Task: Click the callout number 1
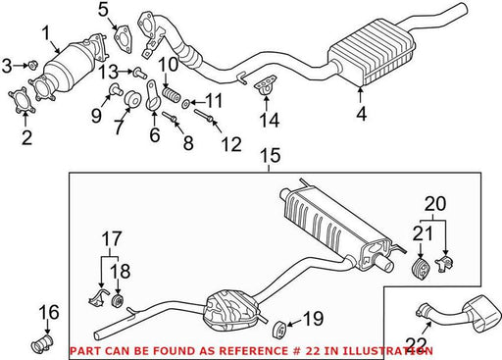point(46,34)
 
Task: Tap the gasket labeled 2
point(22,99)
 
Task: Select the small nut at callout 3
point(32,65)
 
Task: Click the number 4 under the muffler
point(361,114)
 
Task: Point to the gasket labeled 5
point(124,38)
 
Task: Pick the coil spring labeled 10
point(172,94)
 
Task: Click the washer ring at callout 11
point(186,104)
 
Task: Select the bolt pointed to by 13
point(139,74)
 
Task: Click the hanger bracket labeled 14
point(265,84)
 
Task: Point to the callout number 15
point(271,155)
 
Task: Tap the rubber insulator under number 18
point(118,301)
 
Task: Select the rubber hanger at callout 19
point(279,330)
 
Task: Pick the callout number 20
point(435,203)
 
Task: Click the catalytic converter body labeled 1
point(69,69)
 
